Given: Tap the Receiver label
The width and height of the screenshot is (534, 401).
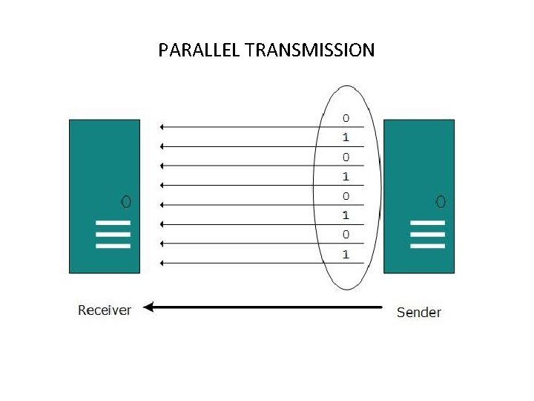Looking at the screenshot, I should point(105,310).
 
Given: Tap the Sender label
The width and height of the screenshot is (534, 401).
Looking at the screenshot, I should point(418,312).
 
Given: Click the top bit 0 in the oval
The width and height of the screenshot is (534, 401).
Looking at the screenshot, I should point(346,118).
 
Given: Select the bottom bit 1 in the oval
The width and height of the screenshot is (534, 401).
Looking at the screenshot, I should point(346,255).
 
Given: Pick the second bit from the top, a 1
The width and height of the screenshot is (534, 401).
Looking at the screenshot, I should point(346,137).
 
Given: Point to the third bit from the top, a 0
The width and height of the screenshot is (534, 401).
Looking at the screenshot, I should point(346,157).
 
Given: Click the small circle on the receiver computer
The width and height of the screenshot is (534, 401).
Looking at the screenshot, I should point(126,200).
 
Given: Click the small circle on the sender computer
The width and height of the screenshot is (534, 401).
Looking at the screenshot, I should point(441,200).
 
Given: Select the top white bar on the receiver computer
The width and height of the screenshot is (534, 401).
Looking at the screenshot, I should point(113,222).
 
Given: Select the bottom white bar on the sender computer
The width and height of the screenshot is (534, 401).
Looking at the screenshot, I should point(427,246).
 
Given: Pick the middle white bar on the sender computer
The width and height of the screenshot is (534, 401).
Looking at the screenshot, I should point(427,234).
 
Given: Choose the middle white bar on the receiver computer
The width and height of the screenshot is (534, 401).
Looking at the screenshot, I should point(113,234).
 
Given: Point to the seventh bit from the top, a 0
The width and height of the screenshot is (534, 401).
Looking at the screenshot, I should point(346,235).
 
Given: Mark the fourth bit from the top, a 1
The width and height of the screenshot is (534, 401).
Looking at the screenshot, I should point(346,177).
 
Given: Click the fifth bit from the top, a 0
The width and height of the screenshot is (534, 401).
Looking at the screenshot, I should point(346,196).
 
